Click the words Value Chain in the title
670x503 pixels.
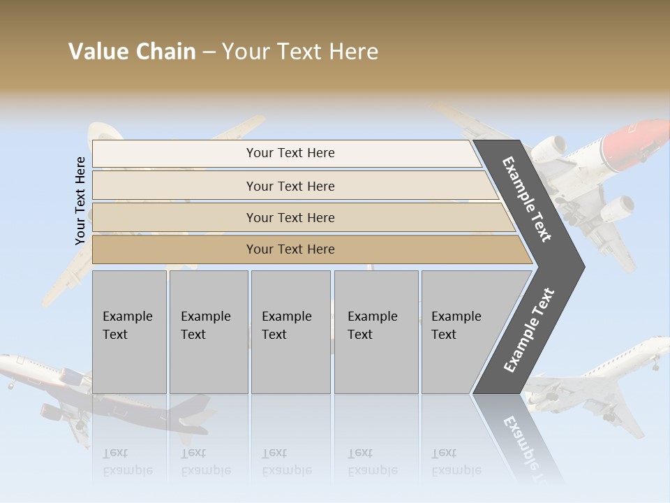click(132, 52)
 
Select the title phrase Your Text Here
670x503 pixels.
click(300, 52)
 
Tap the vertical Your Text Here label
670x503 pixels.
click(80, 201)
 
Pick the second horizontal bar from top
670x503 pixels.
click(290, 186)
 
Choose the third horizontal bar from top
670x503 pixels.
click(290, 217)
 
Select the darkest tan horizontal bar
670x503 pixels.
click(290, 249)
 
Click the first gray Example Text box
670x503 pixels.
click(129, 332)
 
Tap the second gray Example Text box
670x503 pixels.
click(208, 332)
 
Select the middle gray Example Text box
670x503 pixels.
click(290, 332)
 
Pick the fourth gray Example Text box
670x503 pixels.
click(375, 332)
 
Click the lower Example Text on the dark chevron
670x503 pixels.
click(529, 330)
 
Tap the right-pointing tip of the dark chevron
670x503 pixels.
click(581, 266)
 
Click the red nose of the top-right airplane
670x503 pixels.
click(639, 136)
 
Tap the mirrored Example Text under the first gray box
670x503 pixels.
click(128, 462)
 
